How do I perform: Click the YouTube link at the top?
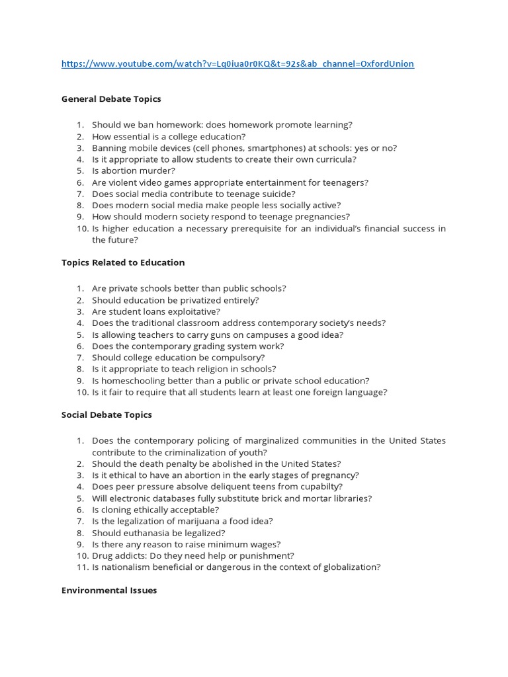[237, 64]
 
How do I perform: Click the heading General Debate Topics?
[111, 99]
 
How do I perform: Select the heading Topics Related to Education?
[123, 262]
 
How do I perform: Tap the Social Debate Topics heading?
[106, 415]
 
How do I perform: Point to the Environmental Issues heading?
[109, 590]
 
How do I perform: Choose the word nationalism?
[126, 567]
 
